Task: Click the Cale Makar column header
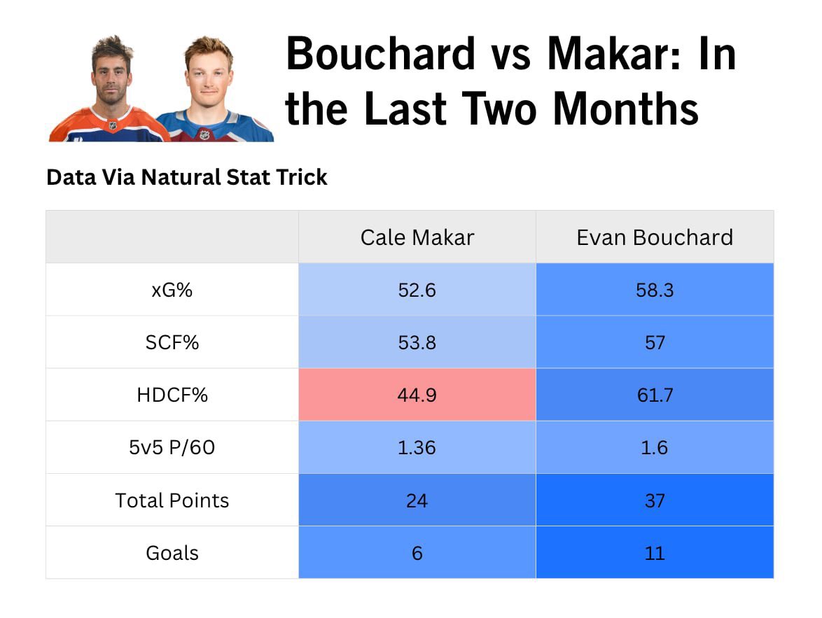coord(417,237)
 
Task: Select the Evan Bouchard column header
coord(655,237)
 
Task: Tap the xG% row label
coord(172,290)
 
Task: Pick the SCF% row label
coord(172,342)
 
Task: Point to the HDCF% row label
coord(172,395)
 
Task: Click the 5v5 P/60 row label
coord(172,447)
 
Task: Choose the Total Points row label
coord(172,500)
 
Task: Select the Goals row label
coord(172,553)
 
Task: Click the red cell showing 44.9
coord(417,395)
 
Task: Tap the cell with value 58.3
coord(655,290)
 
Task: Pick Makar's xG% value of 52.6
coord(417,290)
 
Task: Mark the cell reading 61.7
coord(655,395)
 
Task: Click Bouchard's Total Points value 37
coord(655,500)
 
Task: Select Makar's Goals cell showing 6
coord(417,553)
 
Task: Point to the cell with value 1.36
coord(417,447)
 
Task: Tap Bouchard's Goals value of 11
coord(655,553)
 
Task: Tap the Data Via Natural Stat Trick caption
coord(187,177)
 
